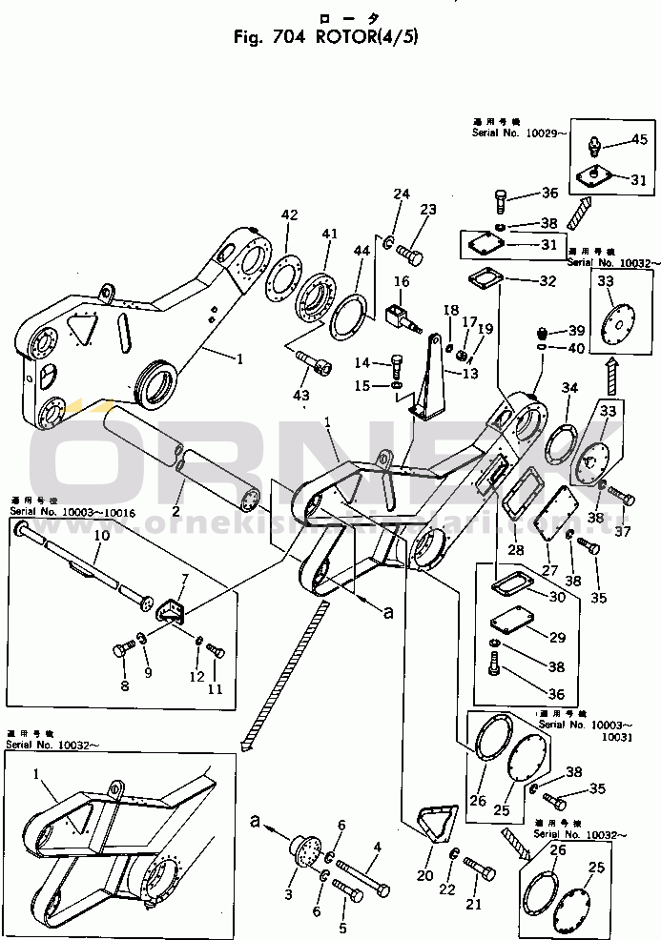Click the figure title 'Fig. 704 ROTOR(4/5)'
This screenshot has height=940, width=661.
pyautogui.click(x=325, y=38)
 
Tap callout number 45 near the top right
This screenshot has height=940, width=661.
pyautogui.click(x=638, y=140)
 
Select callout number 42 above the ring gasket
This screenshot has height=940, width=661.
pyautogui.click(x=289, y=215)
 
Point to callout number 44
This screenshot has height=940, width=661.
pyautogui.click(x=361, y=252)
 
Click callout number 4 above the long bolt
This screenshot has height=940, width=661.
pyautogui.click(x=377, y=846)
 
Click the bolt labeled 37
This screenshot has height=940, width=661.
pyautogui.click(x=620, y=496)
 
